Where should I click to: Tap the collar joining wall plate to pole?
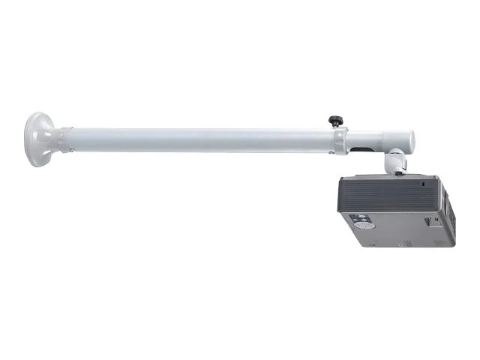(67, 139)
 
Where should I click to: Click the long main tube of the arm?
(202, 139)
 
